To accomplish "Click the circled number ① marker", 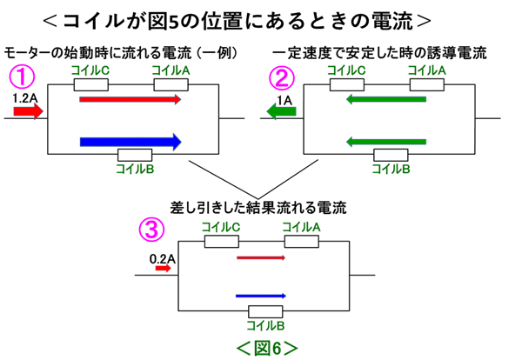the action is click(22, 77).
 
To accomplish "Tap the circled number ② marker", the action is click(282, 77).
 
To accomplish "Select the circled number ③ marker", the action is click(151, 230).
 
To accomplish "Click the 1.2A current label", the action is click(25, 98).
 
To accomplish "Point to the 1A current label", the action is click(284, 100).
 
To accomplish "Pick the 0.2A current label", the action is click(163, 259).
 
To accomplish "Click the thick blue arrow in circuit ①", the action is click(130, 142).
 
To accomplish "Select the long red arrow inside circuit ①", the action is click(130, 99).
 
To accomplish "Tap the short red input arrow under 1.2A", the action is click(28, 111).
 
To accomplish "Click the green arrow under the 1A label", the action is click(282, 111).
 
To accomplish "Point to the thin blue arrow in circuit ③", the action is click(261, 296).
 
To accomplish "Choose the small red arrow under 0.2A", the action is click(164, 269).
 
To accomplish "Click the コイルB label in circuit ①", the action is click(135, 169).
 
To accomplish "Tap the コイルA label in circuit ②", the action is click(426, 70).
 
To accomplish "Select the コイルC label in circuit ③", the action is click(221, 227).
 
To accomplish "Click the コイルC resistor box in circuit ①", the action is click(91, 84).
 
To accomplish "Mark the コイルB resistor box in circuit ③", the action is click(265, 311).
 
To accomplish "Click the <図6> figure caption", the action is click(267, 348).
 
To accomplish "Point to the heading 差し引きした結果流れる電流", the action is click(258, 208).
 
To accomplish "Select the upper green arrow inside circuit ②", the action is click(386, 99).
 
